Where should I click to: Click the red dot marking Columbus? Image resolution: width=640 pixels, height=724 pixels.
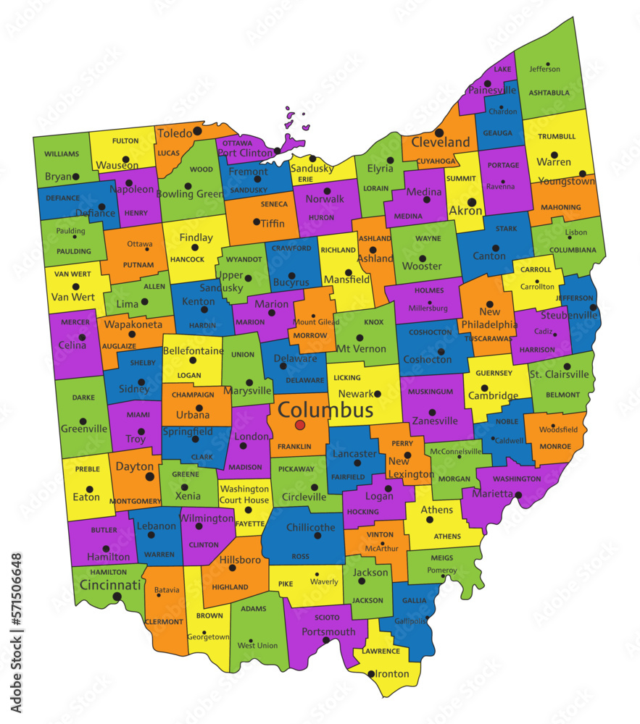click(x=300, y=424)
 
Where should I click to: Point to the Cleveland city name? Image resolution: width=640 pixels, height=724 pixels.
click(x=441, y=143)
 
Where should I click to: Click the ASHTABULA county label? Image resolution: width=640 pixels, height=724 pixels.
click(x=549, y=93)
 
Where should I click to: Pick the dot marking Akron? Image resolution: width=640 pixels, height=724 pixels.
click(x=472, y=203)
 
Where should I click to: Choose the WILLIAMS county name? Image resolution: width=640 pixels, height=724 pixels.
click(x=62, y=154)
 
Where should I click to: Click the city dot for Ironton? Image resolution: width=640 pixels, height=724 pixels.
click(x=371, y=674)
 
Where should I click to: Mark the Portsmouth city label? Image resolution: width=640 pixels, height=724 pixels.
click(x=329, y=631)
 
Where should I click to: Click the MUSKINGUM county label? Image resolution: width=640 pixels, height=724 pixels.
click(x=430, y=392)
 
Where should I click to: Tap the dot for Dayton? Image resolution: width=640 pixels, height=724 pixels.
click(x=150, y=476)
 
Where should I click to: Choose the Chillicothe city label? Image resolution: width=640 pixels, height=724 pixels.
click(x=311, y=528)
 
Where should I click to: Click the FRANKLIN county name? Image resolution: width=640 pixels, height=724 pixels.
click(x=294, y=447)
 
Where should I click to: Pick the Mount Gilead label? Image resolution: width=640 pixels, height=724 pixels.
click(x=315, y=322)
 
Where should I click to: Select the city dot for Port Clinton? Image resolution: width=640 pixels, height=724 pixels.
click(x=277, y=151)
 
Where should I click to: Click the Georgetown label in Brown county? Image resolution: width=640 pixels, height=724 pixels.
click(x=208, y=637)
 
